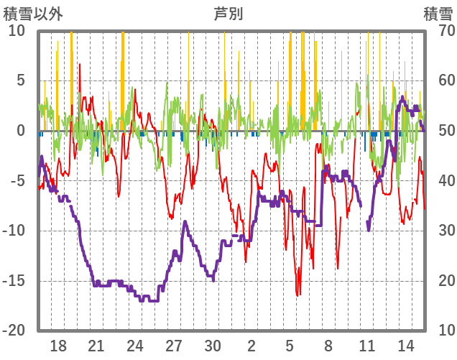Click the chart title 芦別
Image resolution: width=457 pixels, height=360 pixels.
tap(228, 14)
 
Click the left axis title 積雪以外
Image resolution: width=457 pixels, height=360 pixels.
tap(33, 14)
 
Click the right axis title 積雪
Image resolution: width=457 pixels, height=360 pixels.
tap(438, 14)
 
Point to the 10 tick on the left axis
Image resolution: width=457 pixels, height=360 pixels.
tap(17, 31)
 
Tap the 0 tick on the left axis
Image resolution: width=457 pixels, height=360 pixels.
tap(21, 131)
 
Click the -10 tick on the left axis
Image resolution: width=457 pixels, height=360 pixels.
tap(15, 231)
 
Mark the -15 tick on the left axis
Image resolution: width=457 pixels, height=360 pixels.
tap(15, 280)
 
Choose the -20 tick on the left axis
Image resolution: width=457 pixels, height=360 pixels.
tap(15, 331)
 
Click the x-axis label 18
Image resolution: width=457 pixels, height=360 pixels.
tap(58, 345)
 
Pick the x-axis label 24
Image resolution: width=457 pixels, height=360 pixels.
tap(135, 345)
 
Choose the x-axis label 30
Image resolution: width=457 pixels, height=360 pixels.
tap(213, 345)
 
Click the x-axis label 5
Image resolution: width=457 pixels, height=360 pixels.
tap(290, 345)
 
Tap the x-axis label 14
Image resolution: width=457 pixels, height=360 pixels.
tap(405, 345)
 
